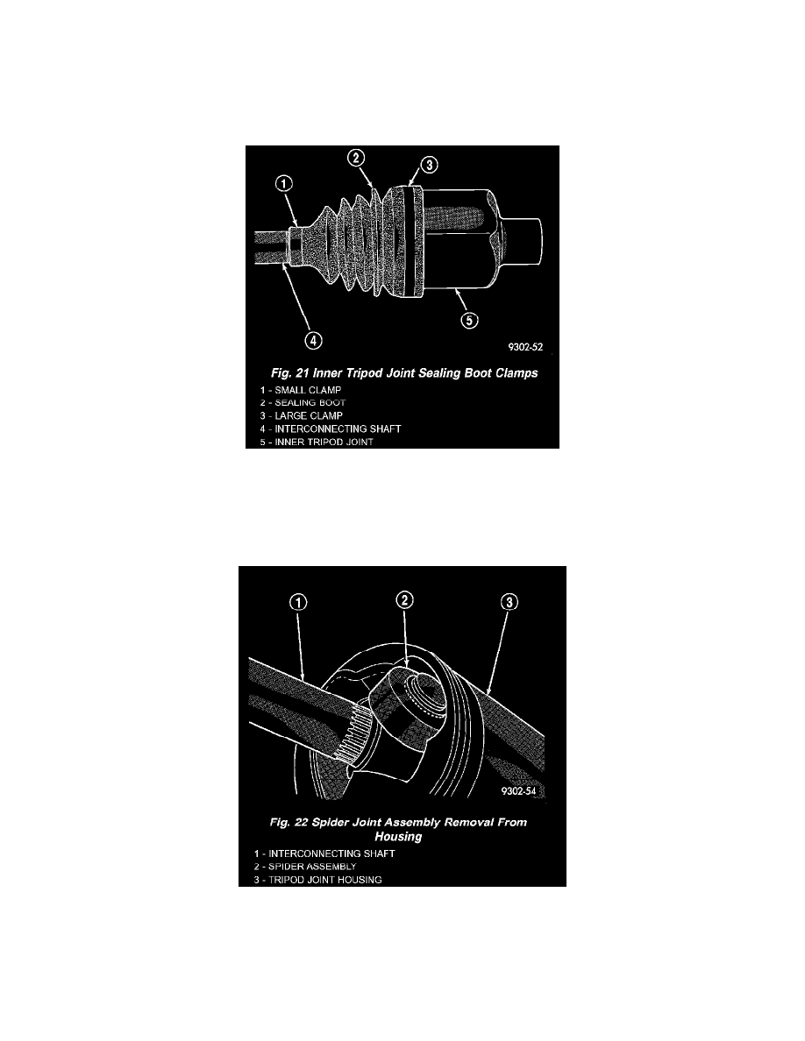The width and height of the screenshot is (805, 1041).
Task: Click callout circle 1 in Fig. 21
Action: point(283,183)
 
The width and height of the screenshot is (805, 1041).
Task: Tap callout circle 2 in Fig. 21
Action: point(356,158)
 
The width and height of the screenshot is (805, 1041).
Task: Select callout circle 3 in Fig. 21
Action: point(429,165)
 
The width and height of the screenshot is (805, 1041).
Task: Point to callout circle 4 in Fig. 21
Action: point(314,341)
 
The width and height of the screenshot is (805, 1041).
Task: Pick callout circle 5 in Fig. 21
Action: point(470,320)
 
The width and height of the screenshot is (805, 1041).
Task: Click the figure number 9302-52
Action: point(525,347)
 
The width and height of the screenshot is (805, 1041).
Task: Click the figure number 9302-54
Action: point(519,791)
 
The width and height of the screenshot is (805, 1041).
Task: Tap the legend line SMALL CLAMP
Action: point(300,391)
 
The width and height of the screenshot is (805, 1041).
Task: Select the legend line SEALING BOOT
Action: point(303,403)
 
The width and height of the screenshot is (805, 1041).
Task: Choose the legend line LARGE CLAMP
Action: point(302,415)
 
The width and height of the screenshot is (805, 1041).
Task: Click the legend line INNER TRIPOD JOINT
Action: point(317,443)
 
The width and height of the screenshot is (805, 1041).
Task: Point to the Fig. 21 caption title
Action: point(404,373)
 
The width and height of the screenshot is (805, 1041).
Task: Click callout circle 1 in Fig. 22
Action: point(298,602)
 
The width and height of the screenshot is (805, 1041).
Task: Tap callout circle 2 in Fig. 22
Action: point(404,600)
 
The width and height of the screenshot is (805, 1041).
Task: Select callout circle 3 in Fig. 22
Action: point(509,602)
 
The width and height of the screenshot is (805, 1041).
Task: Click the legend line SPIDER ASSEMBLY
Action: point(305,867)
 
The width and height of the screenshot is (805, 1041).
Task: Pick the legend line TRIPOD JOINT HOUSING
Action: point(318,881)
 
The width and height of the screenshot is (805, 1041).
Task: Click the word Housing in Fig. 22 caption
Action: point(398,837)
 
